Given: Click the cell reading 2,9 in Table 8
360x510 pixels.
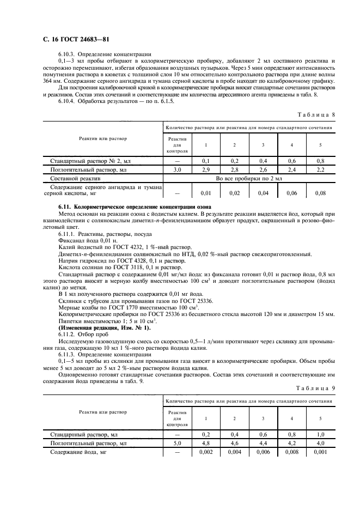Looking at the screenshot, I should point(206,170).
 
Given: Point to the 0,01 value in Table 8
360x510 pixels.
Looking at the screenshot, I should point(206,192).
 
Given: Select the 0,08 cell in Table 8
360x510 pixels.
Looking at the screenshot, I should point(320,192).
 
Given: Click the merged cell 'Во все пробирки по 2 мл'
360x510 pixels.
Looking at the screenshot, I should point(249,178).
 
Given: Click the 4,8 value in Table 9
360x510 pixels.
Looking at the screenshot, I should point(206,444).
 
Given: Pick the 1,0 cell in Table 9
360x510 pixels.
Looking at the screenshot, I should point(320,435).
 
